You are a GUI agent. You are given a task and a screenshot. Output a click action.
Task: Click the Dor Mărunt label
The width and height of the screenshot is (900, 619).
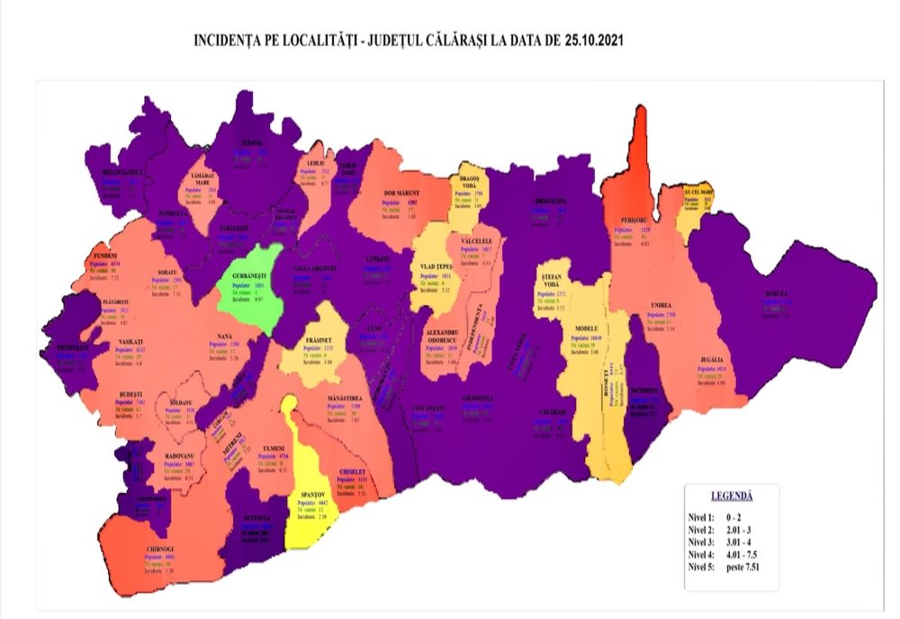point(402,193)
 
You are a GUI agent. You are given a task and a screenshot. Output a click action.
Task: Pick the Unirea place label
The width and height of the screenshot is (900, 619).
point(661,306)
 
